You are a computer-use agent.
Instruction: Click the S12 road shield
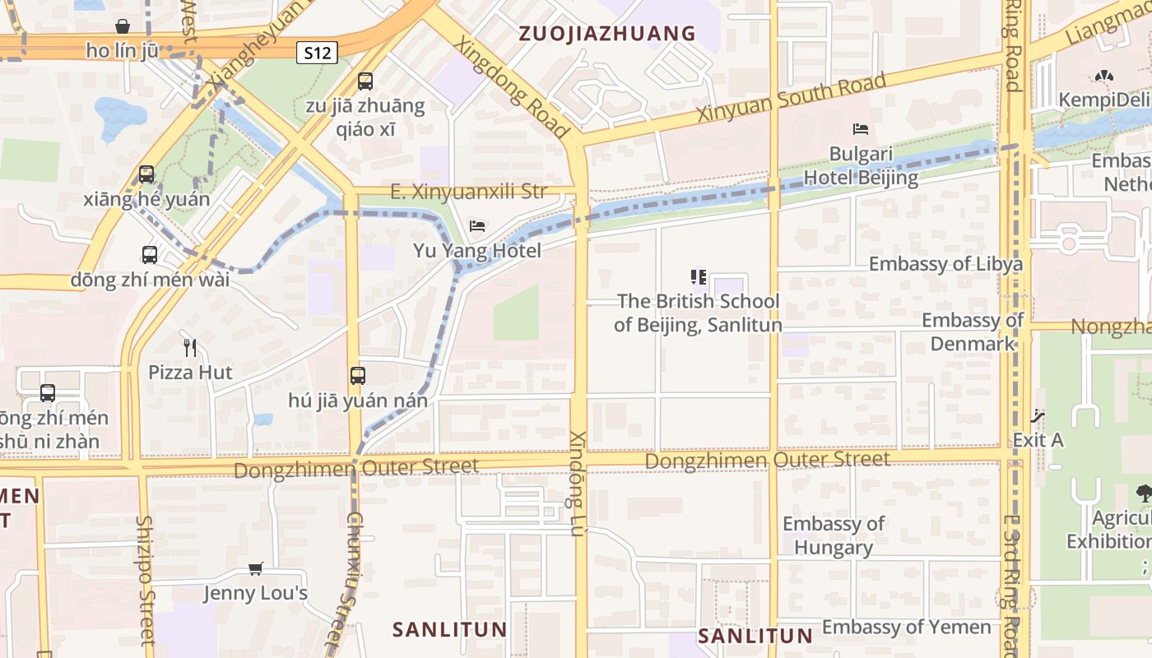(x=317, y=53)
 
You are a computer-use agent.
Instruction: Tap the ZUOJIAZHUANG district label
(x=607, y=34)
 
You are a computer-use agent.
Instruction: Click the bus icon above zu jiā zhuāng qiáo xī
(x=365, y=81)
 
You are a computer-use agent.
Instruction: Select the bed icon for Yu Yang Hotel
(x=477, y=226)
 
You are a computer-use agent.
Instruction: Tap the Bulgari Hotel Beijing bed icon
(x=861, y=129)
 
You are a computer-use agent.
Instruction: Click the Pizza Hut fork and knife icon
(x=190, y=348)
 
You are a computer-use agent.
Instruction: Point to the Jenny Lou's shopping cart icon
(x=256, y=568)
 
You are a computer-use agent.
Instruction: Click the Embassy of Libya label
(x=945, y=264)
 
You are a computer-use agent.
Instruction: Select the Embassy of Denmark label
(x=973, y=331)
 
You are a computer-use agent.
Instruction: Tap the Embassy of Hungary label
(x=834, y=535)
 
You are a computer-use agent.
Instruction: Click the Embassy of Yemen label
(x=906, y=627)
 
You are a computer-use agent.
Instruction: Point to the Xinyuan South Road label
(x=792, y=98)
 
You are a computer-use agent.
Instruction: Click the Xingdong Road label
(x=511, y=86)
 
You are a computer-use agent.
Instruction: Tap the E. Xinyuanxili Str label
(x=468, y=192)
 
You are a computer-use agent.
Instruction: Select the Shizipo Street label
(x=146, y=580)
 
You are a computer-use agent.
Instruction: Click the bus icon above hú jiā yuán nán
(x=358, y=376)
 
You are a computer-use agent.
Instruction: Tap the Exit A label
(x=1038, y=440)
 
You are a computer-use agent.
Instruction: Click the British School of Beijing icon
(x=699, y=277)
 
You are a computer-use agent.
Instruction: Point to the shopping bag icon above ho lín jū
(x=123, y=27)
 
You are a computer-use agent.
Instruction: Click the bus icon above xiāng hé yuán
(x=146, y=174)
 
